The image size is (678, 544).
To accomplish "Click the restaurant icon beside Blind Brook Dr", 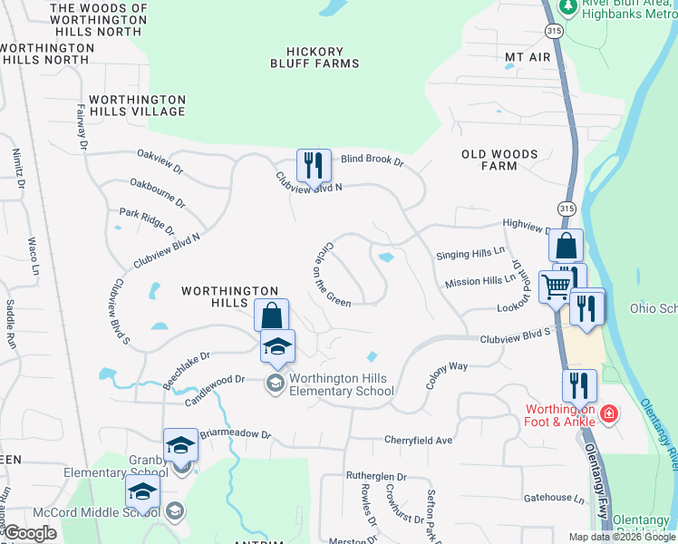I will click(314, 166).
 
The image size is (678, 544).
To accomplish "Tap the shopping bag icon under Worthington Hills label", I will click(271, 316).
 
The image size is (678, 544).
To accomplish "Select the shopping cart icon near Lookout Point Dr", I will click(555, 287).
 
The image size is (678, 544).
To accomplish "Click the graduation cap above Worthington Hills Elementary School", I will click(278, 346).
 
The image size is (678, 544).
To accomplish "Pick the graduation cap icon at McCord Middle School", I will click(142, 493).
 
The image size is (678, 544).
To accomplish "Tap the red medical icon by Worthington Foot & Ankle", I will click(610, 415).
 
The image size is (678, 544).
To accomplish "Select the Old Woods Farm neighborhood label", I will click(499, 160).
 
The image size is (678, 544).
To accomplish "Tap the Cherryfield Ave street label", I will click(418, 441).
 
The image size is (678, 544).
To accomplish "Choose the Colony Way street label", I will click(447, 374).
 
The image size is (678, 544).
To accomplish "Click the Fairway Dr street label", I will click(82, 126).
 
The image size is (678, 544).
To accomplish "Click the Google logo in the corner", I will click(30, 533).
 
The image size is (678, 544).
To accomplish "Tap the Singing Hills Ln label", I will click(469, 256).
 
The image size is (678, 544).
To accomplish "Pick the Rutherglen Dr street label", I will click(376, 476).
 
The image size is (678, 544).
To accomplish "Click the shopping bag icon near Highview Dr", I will click(566, 247).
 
